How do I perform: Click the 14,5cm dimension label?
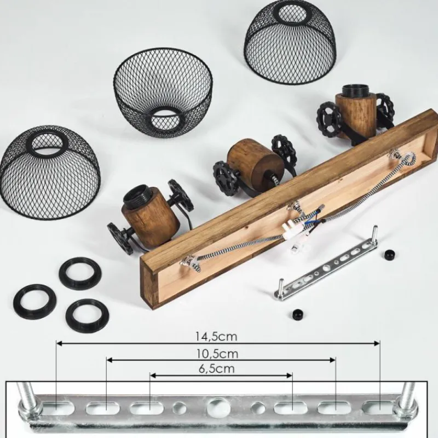(x=216, y=336)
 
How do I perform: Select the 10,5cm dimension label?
(x=217, y=354)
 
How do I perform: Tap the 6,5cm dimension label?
(x=216, y=368)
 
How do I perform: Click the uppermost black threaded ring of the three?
(x=80, y=273)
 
